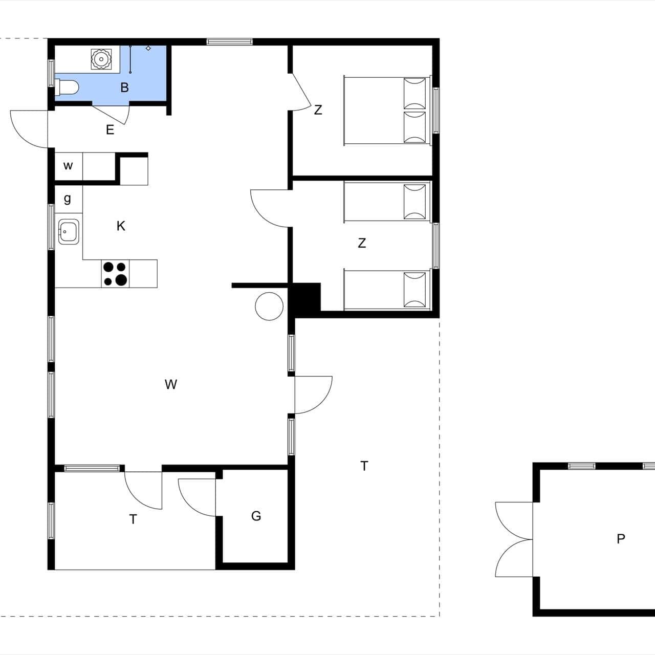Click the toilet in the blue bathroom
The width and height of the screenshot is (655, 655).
[67, 88]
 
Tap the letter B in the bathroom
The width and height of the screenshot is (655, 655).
[124, 88]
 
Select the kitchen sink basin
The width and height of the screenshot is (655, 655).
[69, 231]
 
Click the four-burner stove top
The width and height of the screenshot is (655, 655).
[115, 274]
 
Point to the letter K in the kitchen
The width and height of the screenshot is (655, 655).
[121, 226]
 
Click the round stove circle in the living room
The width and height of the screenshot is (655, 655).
[269, 306]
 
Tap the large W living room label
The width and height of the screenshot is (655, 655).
[170, 384]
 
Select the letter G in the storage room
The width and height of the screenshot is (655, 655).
[256, 516]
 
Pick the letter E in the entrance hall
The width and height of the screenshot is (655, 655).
[110, 130]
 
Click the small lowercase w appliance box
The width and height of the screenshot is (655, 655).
[69, 166]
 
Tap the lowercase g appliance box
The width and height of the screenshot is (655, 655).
[69, 199]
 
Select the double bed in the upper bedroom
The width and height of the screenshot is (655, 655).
[387, 111]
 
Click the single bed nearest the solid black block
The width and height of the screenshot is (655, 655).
[387, 290]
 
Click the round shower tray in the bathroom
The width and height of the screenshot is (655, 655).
[101, 59]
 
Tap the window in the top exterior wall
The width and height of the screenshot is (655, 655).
[230, 42]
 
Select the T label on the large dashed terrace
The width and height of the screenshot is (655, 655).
[364, 466]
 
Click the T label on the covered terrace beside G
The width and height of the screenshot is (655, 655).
[133, 519]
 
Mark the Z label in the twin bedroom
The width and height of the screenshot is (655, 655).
[362, 243]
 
